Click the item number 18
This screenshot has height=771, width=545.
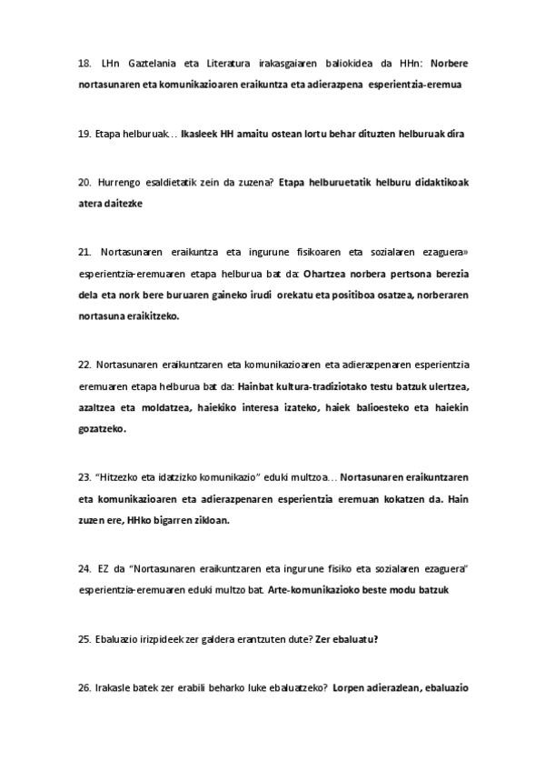coord(84,64)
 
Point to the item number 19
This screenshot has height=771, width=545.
coord(84,134)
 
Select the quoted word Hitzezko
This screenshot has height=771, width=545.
coord(120,477)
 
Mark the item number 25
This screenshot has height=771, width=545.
coord(84,639)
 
